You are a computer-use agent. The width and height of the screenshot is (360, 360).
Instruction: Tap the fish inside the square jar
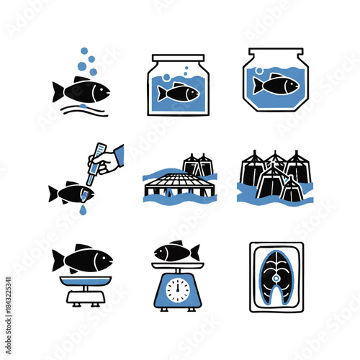178,93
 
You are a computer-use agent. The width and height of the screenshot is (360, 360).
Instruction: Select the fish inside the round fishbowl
276,85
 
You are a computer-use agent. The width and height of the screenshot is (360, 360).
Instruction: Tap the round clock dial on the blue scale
178,289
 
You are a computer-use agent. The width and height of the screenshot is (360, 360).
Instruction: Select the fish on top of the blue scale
178,252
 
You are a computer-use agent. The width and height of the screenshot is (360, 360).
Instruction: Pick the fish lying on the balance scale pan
83,259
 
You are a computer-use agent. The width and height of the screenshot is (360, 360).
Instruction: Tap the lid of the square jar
178,57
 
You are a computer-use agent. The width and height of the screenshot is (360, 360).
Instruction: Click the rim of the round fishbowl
277,51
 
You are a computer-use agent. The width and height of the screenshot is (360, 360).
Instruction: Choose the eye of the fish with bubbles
100,89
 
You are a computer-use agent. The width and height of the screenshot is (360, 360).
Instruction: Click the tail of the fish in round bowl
257,86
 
